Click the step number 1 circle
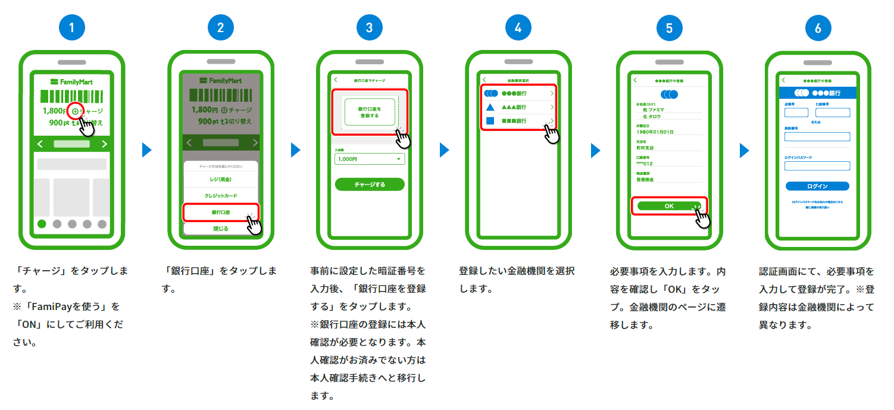[x=72, y=27]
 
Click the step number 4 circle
[x=518, y=27]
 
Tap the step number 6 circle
[x=818, y=27]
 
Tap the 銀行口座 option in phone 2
[x=221, y=212]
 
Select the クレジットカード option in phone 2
[x=221, y=195]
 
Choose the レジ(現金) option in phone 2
[x=221, y=179]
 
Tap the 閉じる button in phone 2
[x=221, y=229]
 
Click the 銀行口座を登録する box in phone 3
[x=369, y=112]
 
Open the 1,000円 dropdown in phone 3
[x=369, y=159]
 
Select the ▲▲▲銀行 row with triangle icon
[x=518, y=107]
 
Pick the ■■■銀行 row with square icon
[x=518, y=121]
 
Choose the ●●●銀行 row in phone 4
[x=518, y=93]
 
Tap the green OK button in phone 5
[x=669, y=205]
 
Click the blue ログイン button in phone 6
[x=817, y=186]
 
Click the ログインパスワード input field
[x=817, y=166]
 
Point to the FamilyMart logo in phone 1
[x=71, y=81]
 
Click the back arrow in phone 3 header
[x=336, y=79]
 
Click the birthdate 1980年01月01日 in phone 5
[x=655, y=132]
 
